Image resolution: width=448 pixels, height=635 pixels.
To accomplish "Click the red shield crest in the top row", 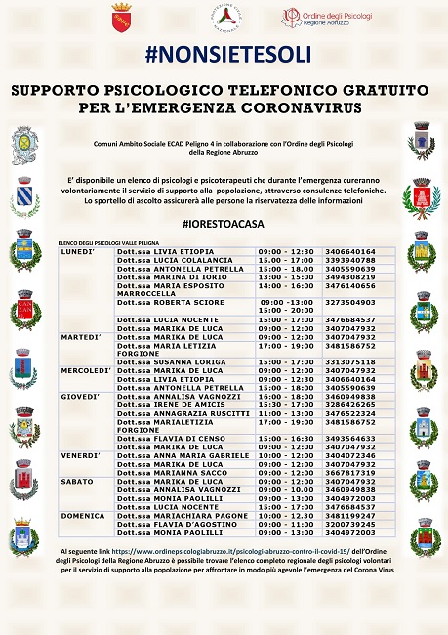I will [x=122, y=18].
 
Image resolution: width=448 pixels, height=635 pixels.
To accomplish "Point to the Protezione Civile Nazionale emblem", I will [x=227, y=18].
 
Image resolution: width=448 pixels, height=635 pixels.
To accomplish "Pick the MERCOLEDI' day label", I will [x=83, y=370].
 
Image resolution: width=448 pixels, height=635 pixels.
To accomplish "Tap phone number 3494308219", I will [x=349, y=276].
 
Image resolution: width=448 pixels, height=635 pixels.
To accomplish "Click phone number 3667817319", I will [x=349, y=472].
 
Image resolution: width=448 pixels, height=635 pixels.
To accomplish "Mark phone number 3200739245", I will [x=349, y=523].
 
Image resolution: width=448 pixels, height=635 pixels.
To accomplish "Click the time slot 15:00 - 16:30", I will [x=285, y=439].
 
